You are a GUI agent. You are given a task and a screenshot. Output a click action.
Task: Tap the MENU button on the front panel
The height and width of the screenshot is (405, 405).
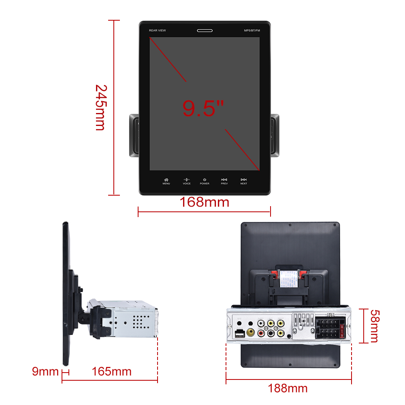[x=166, y=181]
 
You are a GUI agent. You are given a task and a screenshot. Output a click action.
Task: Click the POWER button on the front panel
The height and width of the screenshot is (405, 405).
[x=205, y=181]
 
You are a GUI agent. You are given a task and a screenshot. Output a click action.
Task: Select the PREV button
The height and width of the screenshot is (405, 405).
[x=224, y=181]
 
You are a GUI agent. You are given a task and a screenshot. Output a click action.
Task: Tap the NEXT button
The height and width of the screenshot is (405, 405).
[x=243, y=181]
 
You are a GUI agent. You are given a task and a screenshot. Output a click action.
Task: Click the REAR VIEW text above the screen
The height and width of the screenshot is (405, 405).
[x=157, y=30]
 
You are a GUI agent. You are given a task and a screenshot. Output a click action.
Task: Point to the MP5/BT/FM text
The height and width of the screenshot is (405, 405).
[x=252, y=30]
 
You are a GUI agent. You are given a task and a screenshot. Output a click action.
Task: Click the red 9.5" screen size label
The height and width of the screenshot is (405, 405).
[x=203, y=108]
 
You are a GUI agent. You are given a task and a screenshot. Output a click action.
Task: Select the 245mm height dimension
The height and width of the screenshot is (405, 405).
[x=100, y=107]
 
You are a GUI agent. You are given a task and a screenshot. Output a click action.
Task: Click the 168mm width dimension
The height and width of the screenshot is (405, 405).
[x=205, y=202]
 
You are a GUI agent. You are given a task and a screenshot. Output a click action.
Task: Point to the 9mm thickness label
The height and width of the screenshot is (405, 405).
[x=45, y=371]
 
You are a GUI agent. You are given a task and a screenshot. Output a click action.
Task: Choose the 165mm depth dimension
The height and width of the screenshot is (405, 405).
[x=111, y=371]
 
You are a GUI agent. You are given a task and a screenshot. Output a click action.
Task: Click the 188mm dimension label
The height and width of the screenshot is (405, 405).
[x=288, y=388]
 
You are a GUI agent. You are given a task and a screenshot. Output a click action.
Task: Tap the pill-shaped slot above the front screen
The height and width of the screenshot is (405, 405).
[x=205, y=30]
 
